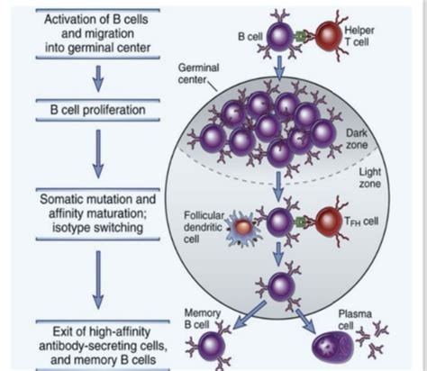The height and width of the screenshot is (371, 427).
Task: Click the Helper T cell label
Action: (x=359, y=36)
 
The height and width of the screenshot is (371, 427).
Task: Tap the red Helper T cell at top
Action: (x=328, y=36)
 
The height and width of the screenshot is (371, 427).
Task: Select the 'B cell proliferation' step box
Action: (x=97, y=110)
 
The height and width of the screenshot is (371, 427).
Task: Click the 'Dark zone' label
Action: (x=357, y=139)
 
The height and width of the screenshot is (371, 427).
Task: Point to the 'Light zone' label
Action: (x=370, y=177)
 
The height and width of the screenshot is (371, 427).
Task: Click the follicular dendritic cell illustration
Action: (x=242, y=228)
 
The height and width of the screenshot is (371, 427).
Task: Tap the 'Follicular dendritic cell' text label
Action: (x=204, y=227)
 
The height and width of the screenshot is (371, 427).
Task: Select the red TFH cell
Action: (x=328, y=222)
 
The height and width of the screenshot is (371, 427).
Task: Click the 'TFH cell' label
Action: (x=361, y=222)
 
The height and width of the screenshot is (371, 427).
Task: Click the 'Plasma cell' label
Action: (x=355, y=320)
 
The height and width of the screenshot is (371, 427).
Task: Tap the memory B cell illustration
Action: (x=212, y=346)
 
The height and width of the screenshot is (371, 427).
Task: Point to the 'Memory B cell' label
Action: (x=202, y=319)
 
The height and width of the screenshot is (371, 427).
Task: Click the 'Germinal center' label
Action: (x=198, y=73)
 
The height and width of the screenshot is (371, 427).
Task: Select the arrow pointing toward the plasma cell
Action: (x=305, y=321)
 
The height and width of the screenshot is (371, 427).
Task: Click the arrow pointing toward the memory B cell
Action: (x=250, y=315)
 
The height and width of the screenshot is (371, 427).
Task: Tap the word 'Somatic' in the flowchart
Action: (x=60, y=199)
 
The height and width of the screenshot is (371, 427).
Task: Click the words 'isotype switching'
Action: (x=97, y=227)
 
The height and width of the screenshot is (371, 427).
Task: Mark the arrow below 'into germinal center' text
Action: (x=98, y=78)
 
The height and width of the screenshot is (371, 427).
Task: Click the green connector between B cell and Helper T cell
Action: (x=300, y=37)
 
